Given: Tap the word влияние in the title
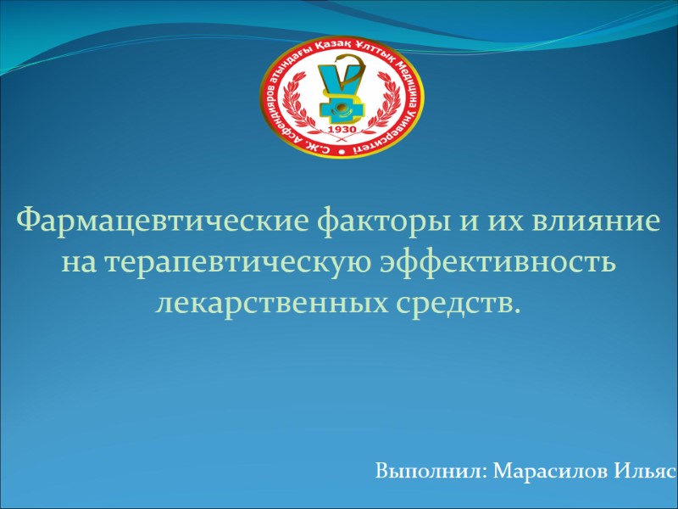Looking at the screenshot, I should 594,222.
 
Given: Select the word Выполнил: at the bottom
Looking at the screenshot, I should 431,470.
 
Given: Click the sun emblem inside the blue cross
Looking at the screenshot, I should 340,108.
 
